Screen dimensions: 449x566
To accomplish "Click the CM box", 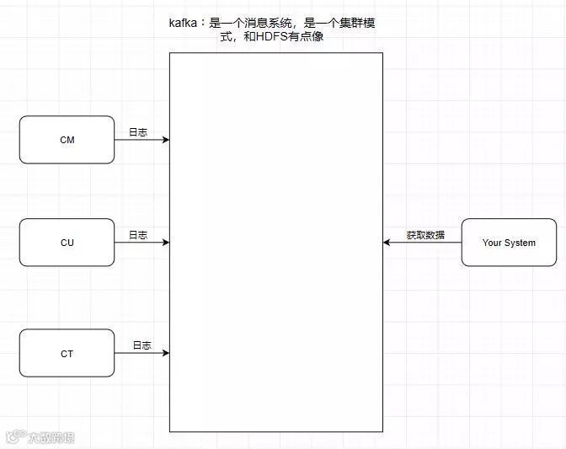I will pyautogui.click(x=67, y=140).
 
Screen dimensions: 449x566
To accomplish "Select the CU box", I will pyautogui.click(x=67, y=243).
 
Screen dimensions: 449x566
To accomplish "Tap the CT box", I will pyautogui.click(x=67, y=354).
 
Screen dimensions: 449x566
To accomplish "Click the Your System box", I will pyautogui.click(x=509, y=243).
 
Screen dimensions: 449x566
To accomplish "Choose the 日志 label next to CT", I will pyautogui.click(x=141, y=345).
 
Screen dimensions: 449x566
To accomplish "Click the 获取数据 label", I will pyautogui.click(x=425, y=235).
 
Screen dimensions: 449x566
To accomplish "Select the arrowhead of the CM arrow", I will pyautogui.click(x=166, y=140).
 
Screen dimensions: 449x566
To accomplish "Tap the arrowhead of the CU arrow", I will pyautogui.click(x=166, y=243).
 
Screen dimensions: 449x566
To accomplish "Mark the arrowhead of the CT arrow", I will pyautogui.click(x=166, y=354).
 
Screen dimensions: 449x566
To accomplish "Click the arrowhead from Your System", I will pyautogui.click(x=387, y=243).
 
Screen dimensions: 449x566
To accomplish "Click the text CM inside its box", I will pyautogui.click(x=67, y=140).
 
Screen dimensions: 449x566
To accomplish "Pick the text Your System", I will pyautogui.click(x=509, y=243).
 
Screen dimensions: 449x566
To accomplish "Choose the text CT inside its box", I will pyautogui.click(x=67, y=354).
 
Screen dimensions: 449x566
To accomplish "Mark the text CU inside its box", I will pyautogui.click(x=67, y=243).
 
